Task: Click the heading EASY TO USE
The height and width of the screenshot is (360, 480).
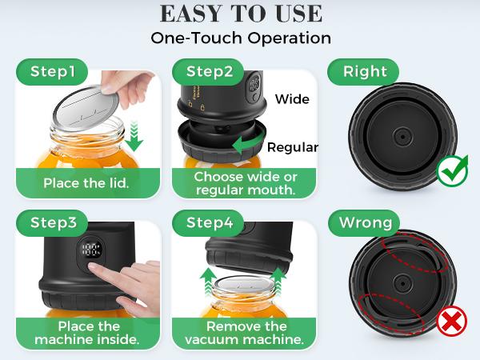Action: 241,14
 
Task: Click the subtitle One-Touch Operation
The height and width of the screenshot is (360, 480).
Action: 241,38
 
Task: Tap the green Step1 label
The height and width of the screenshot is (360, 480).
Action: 53,71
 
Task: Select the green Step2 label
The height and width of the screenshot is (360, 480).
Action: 210,71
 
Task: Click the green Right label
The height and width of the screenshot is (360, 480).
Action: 365,71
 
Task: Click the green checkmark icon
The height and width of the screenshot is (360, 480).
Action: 453,171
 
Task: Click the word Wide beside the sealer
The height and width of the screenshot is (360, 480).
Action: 292,99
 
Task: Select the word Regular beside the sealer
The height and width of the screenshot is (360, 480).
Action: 293,147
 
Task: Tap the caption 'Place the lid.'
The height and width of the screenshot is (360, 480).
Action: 85,182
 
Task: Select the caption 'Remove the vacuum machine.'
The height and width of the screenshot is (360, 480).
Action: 246,334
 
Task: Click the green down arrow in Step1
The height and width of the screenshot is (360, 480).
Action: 135,135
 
